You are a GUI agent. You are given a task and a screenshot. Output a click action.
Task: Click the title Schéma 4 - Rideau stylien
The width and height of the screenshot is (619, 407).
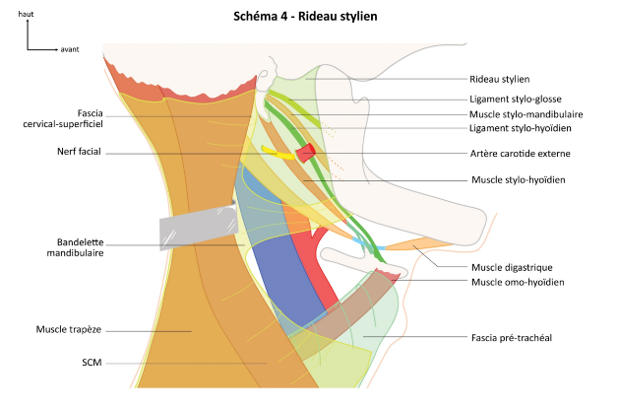pos(306,17)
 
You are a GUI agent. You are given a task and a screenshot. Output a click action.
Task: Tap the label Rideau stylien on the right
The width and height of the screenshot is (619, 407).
pos(502,80)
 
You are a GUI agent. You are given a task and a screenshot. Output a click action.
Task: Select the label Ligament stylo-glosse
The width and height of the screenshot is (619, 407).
pos(520,99)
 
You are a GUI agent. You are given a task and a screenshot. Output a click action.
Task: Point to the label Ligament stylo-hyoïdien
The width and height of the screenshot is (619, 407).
pos(521,128)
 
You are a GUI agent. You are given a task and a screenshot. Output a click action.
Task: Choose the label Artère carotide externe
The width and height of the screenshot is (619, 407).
pos(520,154)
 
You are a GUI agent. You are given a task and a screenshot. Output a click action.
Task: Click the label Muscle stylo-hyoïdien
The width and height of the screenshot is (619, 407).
pos(519,180)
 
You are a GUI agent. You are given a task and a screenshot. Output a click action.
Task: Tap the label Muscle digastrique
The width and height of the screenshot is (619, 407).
pos(511,266)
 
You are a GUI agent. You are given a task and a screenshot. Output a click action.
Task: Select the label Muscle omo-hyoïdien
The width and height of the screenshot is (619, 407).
pos(517,281)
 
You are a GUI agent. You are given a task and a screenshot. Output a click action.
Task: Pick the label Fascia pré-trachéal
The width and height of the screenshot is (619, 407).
pos(511,337)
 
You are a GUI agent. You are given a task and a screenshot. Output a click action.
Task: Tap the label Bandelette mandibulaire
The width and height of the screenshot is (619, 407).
pos(80,246)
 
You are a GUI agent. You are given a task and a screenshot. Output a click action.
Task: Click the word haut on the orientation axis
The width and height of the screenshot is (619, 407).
pos(26,17)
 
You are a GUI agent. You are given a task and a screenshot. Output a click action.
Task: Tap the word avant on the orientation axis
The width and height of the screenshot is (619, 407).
pos(70,48)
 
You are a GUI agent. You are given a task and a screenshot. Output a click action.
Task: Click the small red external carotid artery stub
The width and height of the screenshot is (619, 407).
pos(307,152)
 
